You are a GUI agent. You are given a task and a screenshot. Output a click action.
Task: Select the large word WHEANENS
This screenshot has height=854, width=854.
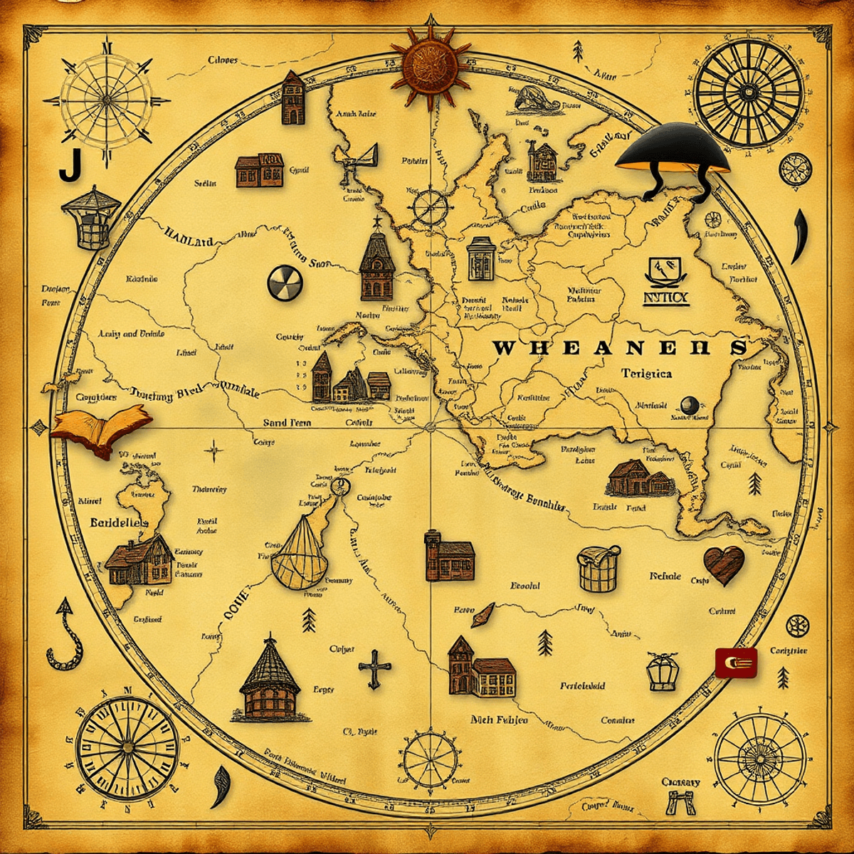pyautogui.click(x=620, y=348)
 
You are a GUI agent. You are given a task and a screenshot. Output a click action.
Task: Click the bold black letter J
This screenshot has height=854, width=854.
pyautogui.click(x=68, y=165)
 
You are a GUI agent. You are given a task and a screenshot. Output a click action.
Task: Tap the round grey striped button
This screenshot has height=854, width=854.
pyautogui.click(x=285, y=282)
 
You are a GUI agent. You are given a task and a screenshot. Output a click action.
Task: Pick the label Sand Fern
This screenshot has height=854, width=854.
pyautogui.click(x=287, y=423)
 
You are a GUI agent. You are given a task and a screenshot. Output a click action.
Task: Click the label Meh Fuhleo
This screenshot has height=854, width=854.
pyautogui.click(x=499, y=719)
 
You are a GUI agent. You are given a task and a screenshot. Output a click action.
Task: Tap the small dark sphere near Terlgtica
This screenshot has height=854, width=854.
pyautogui.click(x=688, y=404)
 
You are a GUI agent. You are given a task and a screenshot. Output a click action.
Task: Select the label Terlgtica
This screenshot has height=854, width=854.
pyautogui.click(x=646, y=373)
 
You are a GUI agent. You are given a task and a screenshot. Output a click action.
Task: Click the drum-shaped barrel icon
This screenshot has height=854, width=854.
pyautogui.click(x=598, y=569)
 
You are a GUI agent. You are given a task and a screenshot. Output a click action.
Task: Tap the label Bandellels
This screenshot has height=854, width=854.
pyautogui.click(x=120, y=522)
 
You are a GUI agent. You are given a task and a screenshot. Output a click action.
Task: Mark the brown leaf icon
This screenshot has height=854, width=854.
pyautogui.click(x=482, y=615)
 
